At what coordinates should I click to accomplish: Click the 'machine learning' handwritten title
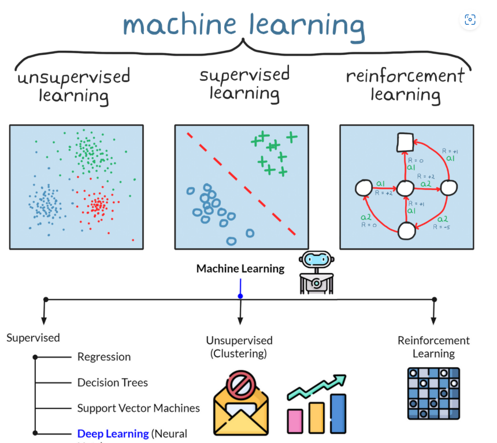[244, 24]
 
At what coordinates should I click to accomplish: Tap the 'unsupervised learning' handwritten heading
[73, 85]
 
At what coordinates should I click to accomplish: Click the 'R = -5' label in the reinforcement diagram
[442, 227]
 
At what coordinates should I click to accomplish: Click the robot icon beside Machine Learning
[317, 273]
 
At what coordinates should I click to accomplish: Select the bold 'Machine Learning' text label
[240, 269]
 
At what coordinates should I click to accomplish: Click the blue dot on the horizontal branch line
[240, 296]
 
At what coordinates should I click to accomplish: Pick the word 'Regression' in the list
[104, 357]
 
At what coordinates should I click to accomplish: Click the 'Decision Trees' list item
[113, 382]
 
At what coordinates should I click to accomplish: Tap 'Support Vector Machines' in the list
[139, 408]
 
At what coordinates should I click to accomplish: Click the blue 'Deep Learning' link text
[113, 433]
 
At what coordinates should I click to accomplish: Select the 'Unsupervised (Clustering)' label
[239, 347]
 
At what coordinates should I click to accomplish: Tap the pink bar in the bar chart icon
[295, 422]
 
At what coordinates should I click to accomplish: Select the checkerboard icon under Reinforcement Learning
[433, 393]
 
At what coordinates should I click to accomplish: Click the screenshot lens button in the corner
[470, 20]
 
